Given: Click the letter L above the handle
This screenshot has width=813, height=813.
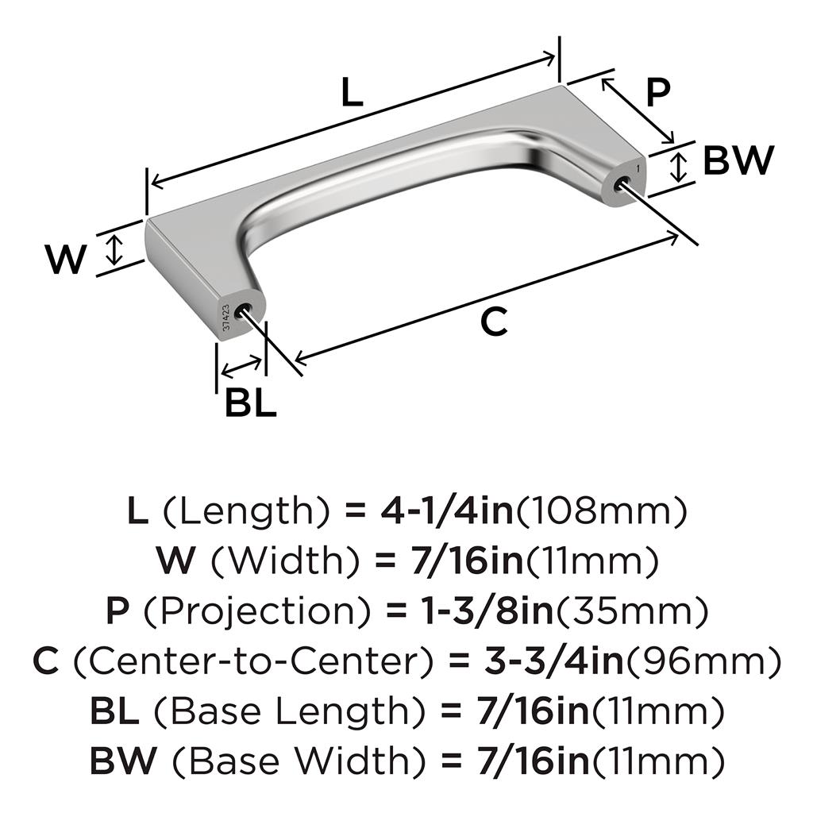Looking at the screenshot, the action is point(352,92).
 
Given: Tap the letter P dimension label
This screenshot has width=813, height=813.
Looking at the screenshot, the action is point(658,93).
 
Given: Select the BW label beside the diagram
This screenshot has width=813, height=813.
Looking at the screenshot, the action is point(738,160).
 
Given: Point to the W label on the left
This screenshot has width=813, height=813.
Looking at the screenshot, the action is point(66,259).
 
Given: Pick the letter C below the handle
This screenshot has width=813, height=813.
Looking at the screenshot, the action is point(494,322).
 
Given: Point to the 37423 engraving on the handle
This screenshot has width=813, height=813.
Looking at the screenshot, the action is point(225,318).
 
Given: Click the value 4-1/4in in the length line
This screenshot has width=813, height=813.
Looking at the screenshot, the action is point(447,511).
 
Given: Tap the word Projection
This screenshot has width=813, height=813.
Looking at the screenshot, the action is point(257,612).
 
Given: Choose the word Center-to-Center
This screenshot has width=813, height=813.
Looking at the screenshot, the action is point(253,661).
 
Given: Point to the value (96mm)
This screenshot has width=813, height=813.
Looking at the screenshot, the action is point(703,661).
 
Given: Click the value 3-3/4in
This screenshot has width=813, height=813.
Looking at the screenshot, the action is point(553,661).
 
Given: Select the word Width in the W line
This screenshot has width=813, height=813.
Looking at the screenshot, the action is point(285,561).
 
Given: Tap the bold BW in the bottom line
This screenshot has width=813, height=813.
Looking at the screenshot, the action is point(122,761).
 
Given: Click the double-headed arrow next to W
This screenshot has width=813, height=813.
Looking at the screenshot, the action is point(114,249).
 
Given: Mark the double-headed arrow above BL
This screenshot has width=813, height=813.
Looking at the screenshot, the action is point(241,366).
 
